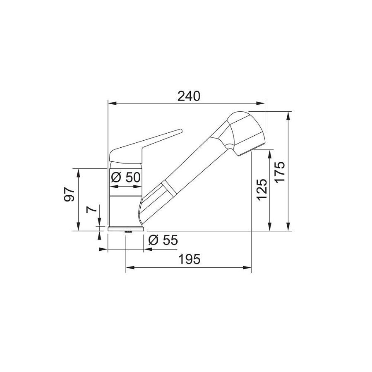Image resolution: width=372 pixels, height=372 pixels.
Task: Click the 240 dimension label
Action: [189, 96]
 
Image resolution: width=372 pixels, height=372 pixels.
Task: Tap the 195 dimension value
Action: [190, 259]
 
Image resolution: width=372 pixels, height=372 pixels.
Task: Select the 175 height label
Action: [280, 171]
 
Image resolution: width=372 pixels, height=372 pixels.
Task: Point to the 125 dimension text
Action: [262, 190]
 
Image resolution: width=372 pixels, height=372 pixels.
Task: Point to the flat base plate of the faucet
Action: [126, 228]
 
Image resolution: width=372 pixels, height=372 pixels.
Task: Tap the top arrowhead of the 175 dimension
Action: [288, 115]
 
